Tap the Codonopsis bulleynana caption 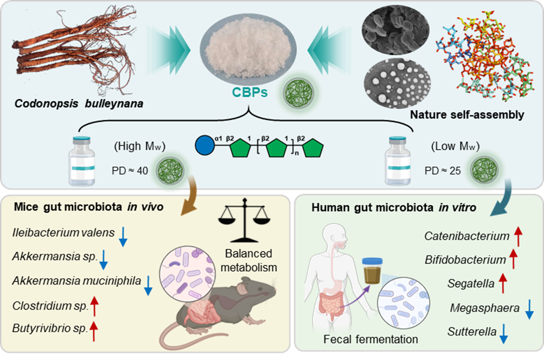[78, 101]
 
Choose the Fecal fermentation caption [370, 339]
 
